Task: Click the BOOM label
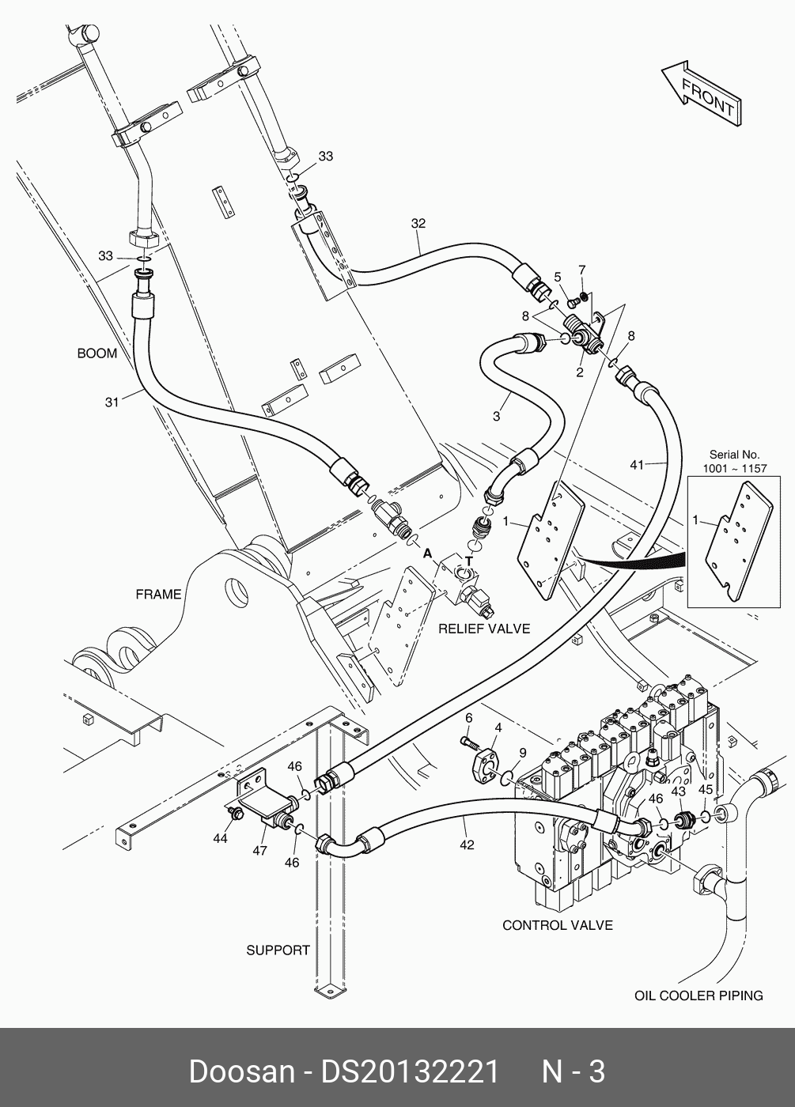click(x=97, y=353)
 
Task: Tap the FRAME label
click(x=158, y=594)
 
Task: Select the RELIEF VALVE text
click(x=484, y=629)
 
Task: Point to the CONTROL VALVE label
click(x=558, y=925)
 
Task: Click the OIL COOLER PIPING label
click(x=698, y=996)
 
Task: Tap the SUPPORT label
click(x=278, y=950)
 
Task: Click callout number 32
click(x=418, y=224)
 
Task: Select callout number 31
click(x=112, y=402)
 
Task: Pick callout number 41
click(x=638, y=465)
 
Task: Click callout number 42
click(x=467, y=844)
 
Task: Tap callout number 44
click(x=220, y=837)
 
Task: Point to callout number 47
click(x=259, y=851)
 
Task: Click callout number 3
click(x=497, y=416)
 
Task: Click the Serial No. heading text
click(x=734, y=455)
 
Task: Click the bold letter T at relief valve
click(x=468, y=561)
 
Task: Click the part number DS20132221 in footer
click(x=409, y=1071)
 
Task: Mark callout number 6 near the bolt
click(x=468, y=717)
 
